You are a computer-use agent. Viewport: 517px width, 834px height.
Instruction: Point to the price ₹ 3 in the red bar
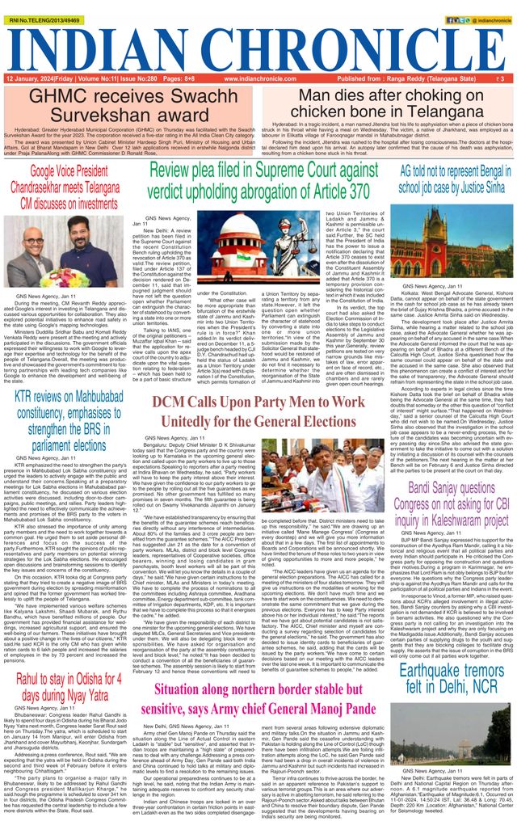501,79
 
